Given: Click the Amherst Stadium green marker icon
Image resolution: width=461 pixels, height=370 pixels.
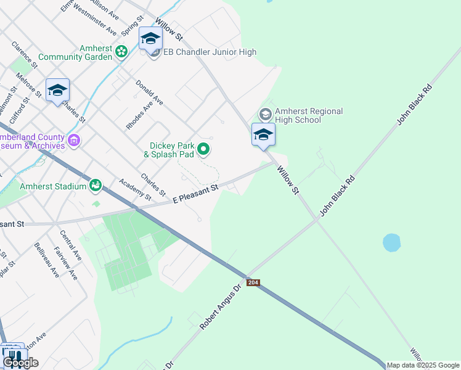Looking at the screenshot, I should (x=96, y=184).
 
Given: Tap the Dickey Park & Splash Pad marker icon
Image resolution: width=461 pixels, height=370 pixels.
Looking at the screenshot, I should (x=204, y=149).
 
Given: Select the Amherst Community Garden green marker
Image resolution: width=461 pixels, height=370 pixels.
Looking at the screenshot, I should (x=121, y=52).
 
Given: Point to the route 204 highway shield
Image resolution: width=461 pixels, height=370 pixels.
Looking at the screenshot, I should (x=253, y=282).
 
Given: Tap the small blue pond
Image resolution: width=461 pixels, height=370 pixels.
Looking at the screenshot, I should (x=392, y=242).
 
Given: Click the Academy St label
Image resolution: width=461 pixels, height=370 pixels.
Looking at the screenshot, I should (x=135, y=189).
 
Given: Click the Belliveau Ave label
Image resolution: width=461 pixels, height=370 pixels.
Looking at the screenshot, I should (x=47, y=260).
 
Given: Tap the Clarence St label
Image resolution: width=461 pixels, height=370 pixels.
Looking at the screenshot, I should (x=25, y=54).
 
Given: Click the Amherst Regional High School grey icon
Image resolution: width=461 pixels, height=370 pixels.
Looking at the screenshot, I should (x=265, y=114).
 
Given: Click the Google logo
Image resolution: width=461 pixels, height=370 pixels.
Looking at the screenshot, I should (x=20, y=363).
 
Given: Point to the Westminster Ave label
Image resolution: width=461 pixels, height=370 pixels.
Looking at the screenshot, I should (x=94, y=23).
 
